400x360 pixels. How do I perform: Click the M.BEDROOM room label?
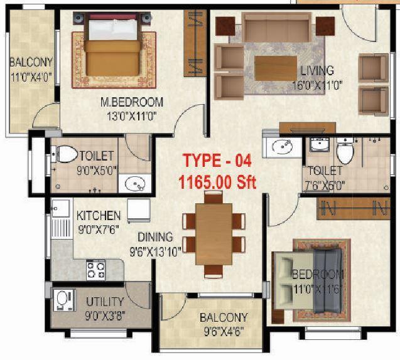coord(132,102)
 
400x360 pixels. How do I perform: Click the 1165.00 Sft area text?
coord(217,183)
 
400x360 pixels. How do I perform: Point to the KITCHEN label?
coord(99,216)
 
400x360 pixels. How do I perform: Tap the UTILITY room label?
coord(104,302)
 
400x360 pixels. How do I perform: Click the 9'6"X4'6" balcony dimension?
coord(223,330)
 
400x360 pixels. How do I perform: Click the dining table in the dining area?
coord(214,233)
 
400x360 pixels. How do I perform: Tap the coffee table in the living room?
coord(275,68)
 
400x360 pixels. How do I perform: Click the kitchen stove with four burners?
coord(95,270)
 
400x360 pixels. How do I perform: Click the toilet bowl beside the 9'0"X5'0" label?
coord(65,154)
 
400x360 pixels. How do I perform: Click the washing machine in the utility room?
coord(63,302)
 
